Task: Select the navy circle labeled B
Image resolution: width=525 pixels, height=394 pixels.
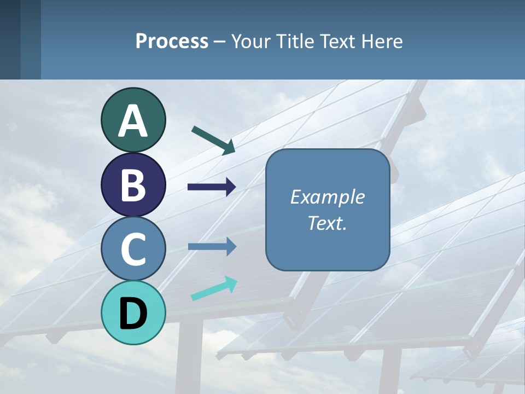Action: click(x=133, y=185)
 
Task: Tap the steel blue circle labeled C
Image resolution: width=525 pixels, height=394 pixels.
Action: click(x=133, y=249)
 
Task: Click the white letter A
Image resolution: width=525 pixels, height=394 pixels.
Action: click(x=133, y=121)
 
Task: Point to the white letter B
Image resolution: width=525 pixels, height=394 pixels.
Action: click(x=133, y=185)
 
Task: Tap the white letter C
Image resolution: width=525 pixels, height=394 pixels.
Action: click(x=133, y=249)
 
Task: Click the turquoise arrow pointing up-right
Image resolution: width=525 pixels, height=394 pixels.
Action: click(x=214, y=288)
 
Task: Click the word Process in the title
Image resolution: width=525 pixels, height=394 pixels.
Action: click(x=172, y=41)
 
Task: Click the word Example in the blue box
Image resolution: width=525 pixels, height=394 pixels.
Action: click(x=327, y=197)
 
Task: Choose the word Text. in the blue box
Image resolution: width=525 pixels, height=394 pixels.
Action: click(x=327, y=223)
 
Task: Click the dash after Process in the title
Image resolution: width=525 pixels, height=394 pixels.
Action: click(x=220, y=42)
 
